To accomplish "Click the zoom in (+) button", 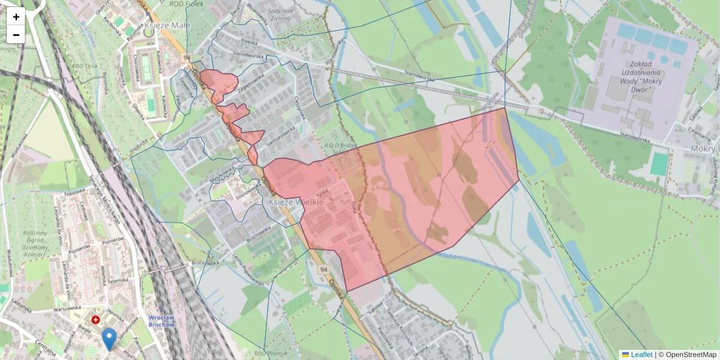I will point(16,17).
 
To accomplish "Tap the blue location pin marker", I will point(109,338).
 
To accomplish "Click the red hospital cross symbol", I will point(95,320).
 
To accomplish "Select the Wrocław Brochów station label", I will point(161,320).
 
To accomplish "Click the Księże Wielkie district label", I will point(294,203).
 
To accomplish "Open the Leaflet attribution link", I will point(637,355).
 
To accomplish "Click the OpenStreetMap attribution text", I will point(691,355).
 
